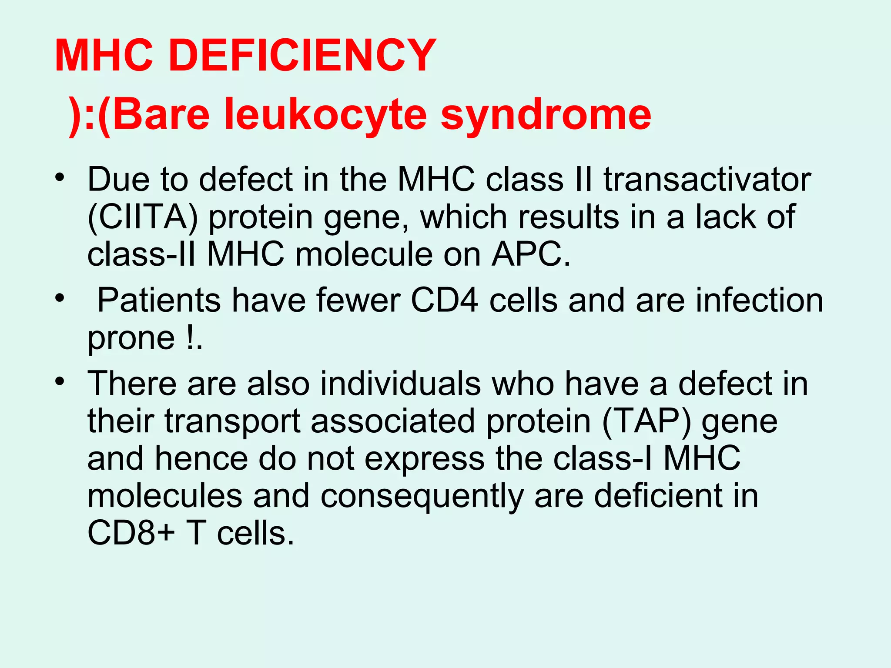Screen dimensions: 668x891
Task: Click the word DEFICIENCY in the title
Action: (x=302, y=56)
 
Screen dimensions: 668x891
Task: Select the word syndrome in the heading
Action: (x=546, y=115)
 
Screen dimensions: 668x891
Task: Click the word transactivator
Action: (x=707, y=179)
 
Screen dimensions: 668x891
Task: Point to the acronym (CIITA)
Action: (x=143, y=217)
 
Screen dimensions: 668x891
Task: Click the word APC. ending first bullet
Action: (x=531, y=254)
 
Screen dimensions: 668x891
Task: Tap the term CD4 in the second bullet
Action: (x=444, y=301)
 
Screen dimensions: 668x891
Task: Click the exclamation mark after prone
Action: (x=190, y=338)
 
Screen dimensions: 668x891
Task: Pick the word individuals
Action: (x=400, y=384)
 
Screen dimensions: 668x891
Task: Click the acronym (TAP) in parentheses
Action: (x=646, y=421)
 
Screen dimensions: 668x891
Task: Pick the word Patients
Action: (x=159, y=301)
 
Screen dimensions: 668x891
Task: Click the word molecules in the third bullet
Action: (x=164, y=496)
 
